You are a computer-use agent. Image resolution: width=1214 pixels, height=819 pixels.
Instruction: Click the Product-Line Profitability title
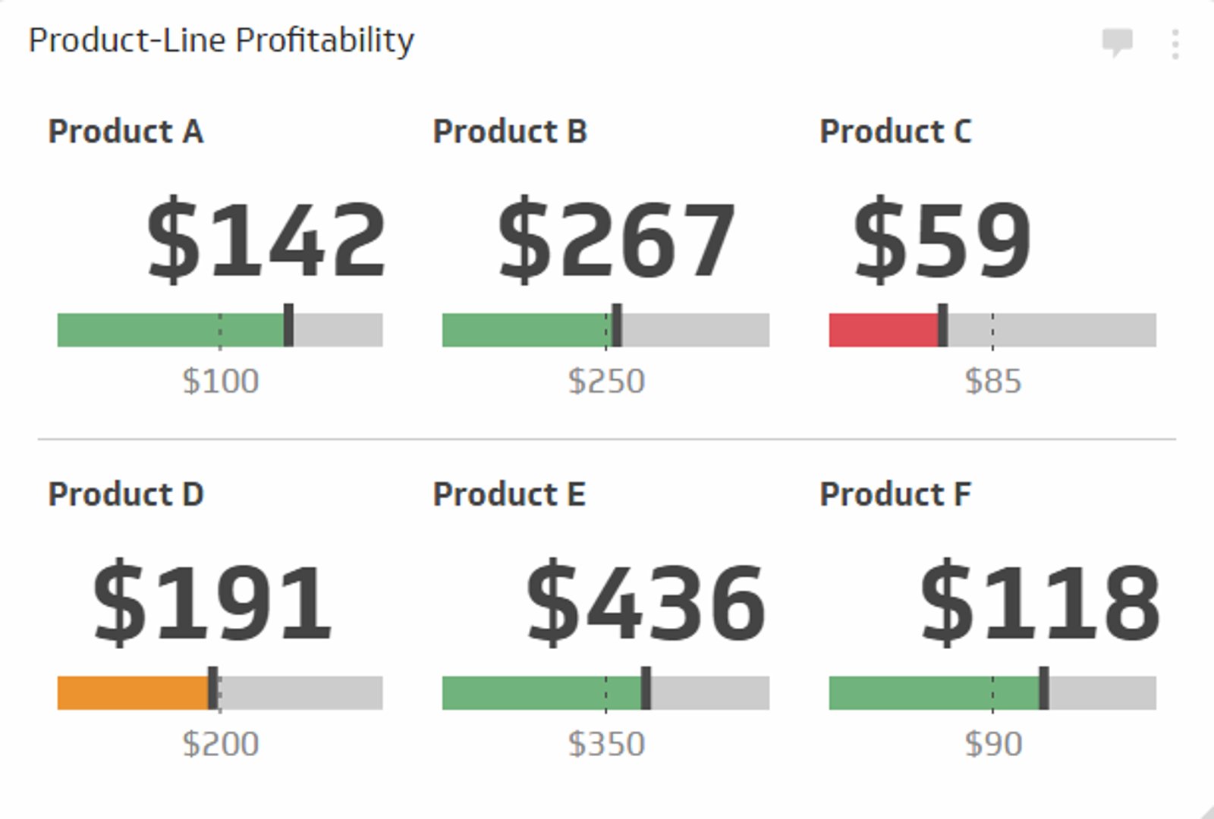tap(221, 40)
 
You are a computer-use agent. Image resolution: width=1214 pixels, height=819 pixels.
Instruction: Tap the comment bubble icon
tap(1117, 42)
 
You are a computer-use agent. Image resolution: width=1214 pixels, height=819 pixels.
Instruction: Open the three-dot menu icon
tap(1175, 44)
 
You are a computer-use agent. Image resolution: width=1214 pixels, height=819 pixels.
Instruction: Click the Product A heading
tap(126, 132)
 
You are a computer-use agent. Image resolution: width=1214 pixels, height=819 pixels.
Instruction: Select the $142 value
tap(266, 240)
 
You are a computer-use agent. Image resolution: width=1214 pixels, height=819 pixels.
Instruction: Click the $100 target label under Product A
tap(221, 381)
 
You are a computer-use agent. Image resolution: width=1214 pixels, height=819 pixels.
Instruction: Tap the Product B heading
tap(510, 132)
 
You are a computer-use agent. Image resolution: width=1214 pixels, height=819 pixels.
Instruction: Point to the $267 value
tap(616, 240)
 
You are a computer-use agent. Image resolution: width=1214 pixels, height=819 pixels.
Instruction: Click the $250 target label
tap(606, 381)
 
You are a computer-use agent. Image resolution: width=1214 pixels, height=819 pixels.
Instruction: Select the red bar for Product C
tap(883, 331)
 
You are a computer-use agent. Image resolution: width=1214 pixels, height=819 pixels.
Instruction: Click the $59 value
tap(942, 240)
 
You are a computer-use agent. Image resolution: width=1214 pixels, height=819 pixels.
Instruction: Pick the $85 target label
tap(992, 381)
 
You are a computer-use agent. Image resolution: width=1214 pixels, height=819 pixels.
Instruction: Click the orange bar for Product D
tap(132, 693)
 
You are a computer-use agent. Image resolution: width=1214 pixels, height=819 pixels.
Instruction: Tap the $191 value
tap(212, 602)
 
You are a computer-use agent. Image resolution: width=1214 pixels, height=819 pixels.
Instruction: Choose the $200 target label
tap(221, 744)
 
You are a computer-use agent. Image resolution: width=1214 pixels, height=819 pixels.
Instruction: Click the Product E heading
tap(509, 494)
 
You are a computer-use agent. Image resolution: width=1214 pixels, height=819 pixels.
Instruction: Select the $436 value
tap(646, 602)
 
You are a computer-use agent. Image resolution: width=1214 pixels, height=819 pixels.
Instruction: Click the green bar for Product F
tap(933, 693)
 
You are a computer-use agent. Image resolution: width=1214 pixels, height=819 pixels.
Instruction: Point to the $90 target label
tap(992, 744)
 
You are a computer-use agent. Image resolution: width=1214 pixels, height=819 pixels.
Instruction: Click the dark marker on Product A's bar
tap(288, 325)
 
